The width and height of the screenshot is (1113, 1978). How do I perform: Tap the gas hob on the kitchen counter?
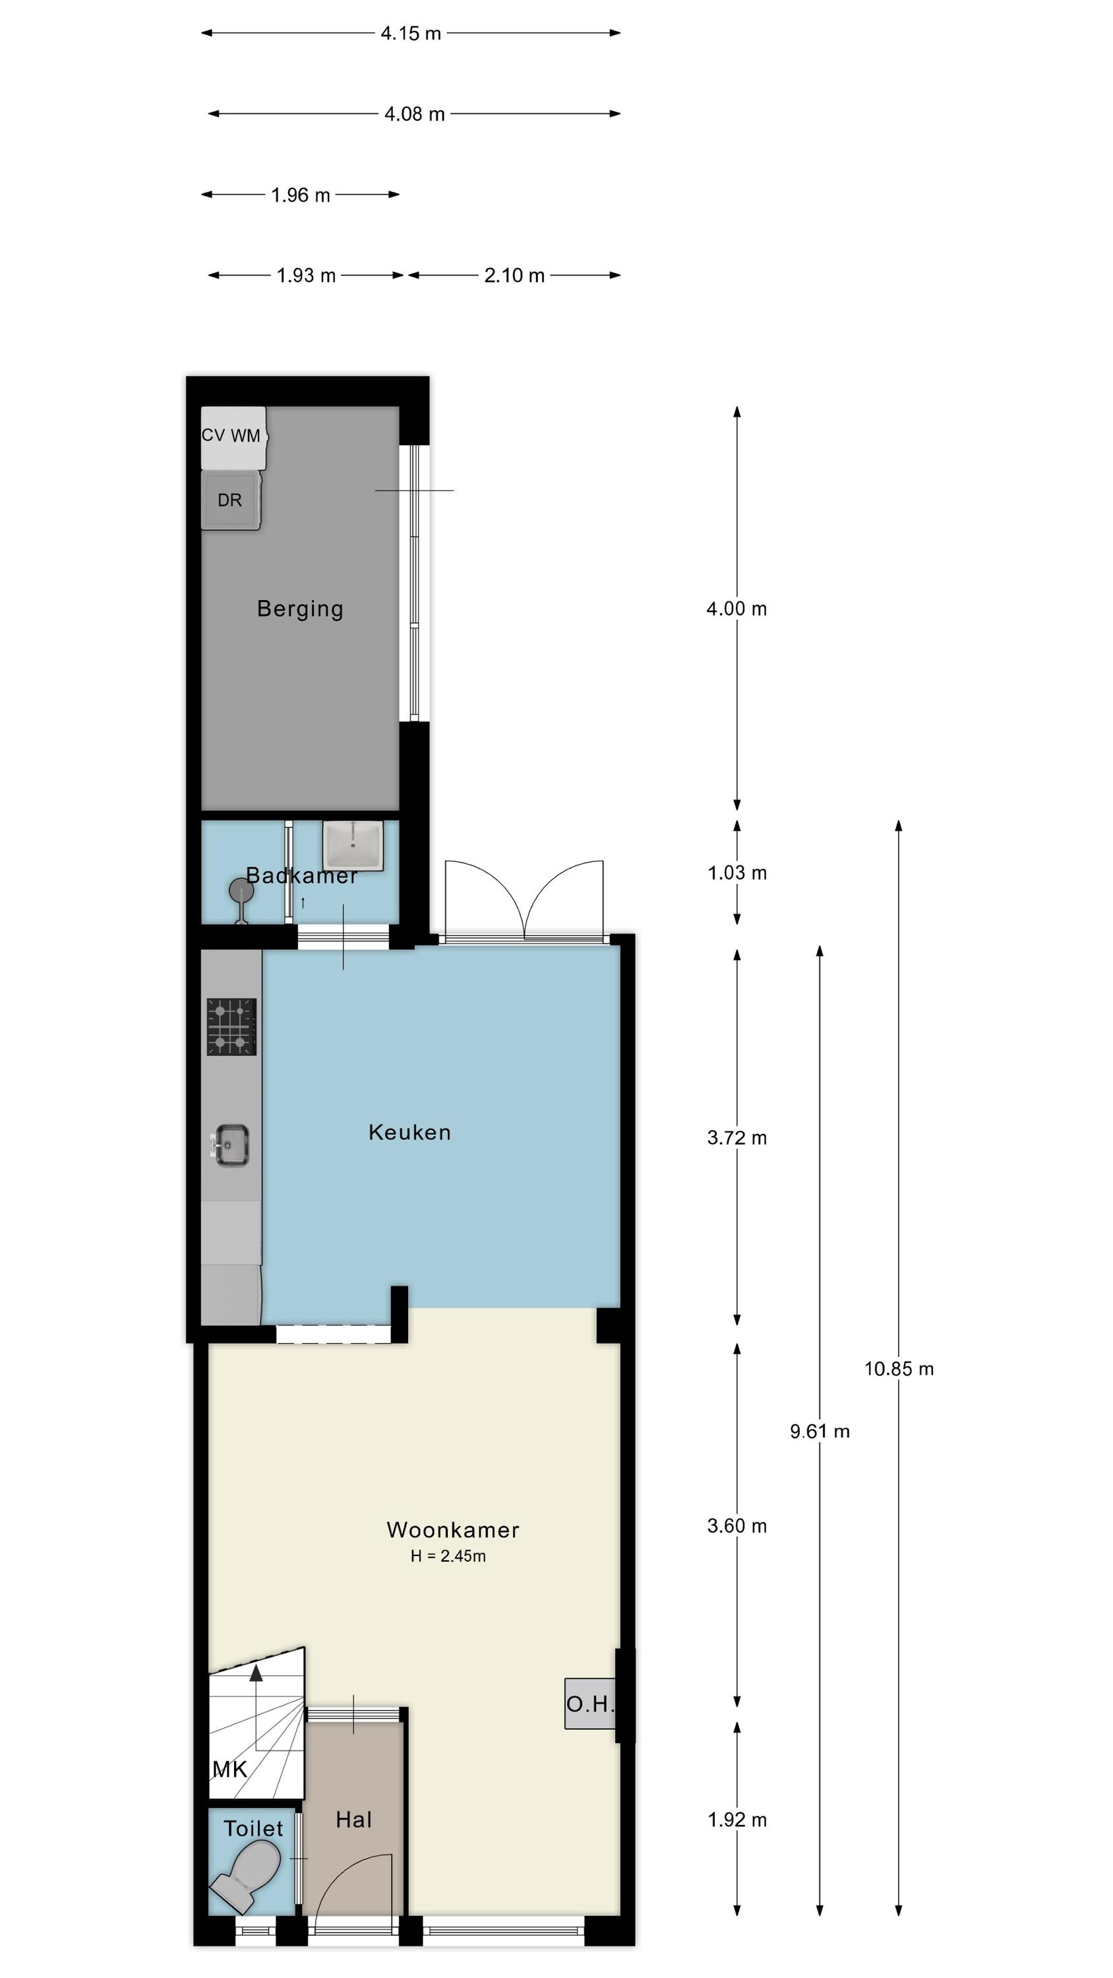coord(231,1027)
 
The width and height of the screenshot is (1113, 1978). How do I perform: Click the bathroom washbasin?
coord(353,845)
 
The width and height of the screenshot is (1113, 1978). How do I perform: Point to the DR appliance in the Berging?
coord(230,500)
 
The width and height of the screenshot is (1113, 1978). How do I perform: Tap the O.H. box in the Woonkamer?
coord(590,1704)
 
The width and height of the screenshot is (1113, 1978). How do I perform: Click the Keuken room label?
coord(409,1133)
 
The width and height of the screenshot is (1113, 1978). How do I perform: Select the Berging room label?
coord(300,609)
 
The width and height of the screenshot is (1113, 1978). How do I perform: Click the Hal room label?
coord(354,1820)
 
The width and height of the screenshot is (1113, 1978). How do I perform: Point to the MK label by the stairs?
coord(229,1770)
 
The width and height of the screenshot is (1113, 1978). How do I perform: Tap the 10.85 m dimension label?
coord(899,1369)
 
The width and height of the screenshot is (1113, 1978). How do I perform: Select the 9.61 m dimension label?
coord(820,1431)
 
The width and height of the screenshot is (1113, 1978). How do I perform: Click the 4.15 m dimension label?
coord(411,33)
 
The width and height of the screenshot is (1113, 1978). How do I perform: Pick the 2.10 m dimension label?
coord(514,275)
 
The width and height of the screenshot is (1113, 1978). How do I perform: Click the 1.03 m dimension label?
coord(737,873)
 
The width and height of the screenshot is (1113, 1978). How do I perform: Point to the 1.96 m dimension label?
coord(300,195)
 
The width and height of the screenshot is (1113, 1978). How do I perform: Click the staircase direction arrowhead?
coord(256,1673)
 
